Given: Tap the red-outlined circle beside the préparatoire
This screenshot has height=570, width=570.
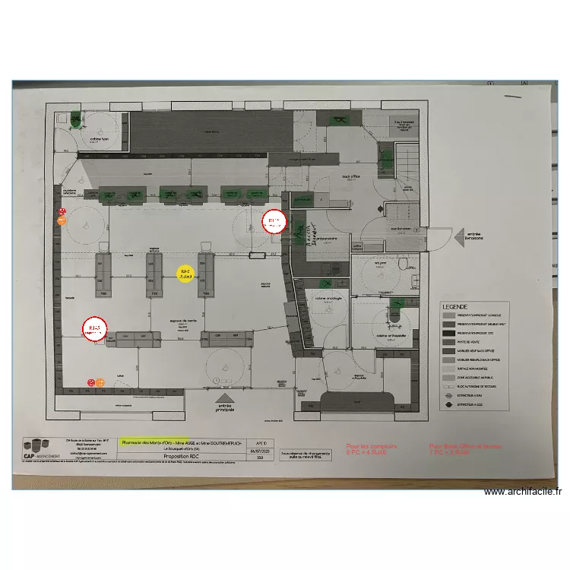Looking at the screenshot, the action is pyautogui.click(x=273, y=222).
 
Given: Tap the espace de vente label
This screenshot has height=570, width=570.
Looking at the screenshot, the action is pyautogui.click(x=179, y=321).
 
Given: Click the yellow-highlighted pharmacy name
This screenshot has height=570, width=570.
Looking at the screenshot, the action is pyautogui.click(x=176, y=442).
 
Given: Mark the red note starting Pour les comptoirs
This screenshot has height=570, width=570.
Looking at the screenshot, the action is pyautogui.click(x=372, y=449).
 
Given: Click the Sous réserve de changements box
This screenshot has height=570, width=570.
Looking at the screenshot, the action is pyautogui.click(x=306, y=454).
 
